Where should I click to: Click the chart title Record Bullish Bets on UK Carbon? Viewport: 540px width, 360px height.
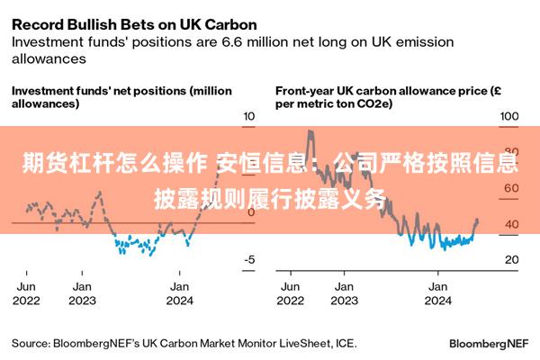(134, 23)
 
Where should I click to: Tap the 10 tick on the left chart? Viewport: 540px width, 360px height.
(249, 117)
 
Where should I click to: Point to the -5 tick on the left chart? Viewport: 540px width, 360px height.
(249, 259)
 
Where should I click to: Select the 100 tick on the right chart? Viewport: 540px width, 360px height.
(509, 117)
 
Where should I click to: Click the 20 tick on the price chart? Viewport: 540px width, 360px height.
(510, 259)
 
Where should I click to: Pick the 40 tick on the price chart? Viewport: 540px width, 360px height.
(510, 224)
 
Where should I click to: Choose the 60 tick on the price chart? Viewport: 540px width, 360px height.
(510, 188)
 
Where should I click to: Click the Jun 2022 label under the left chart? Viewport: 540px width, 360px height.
(27, 293)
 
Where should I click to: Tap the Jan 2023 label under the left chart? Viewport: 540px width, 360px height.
(83, 293)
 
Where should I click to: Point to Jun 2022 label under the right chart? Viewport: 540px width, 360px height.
(292, 293)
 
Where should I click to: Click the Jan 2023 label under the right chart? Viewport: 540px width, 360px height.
(344, 293)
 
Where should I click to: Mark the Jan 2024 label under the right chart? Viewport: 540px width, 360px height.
(437, 293)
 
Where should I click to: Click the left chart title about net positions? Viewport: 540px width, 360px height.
(121, 97)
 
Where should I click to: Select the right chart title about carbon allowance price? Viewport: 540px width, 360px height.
(382, 97)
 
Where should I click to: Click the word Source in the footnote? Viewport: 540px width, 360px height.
(31, 343)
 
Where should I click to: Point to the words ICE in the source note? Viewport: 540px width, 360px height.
(345, 343)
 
